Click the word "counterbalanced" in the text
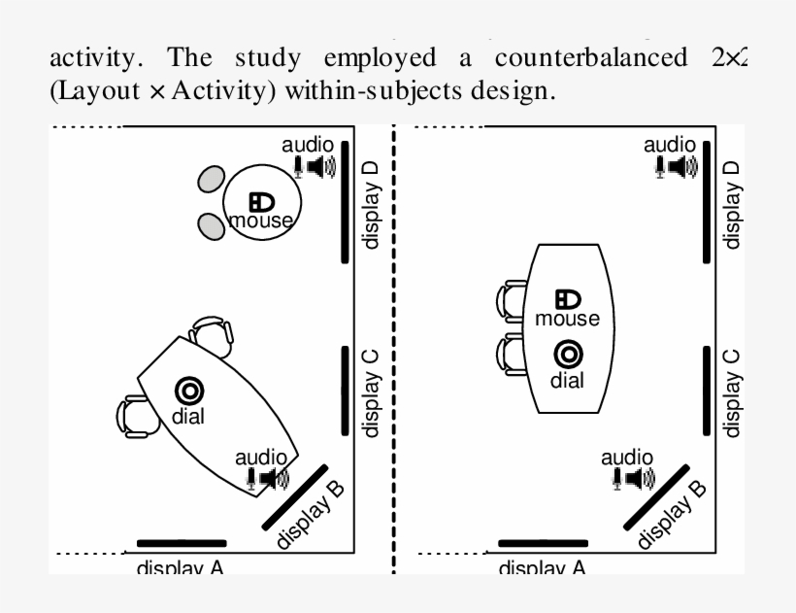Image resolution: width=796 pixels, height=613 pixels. point(588,57)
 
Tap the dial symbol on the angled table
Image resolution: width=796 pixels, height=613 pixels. point(189,391)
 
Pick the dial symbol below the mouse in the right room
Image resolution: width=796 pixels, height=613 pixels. point(568,355)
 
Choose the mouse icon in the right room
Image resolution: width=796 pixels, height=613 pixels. point(568,300)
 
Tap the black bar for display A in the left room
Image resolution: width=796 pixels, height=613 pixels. point(182,543)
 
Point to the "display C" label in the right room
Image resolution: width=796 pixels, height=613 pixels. point(733,392)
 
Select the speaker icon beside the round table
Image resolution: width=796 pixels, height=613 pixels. point(319,166)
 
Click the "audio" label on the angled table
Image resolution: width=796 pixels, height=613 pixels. point(262,457)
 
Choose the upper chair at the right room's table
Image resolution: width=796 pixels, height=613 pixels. point(513,300)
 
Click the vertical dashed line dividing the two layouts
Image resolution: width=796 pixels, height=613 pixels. point(394,350)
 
